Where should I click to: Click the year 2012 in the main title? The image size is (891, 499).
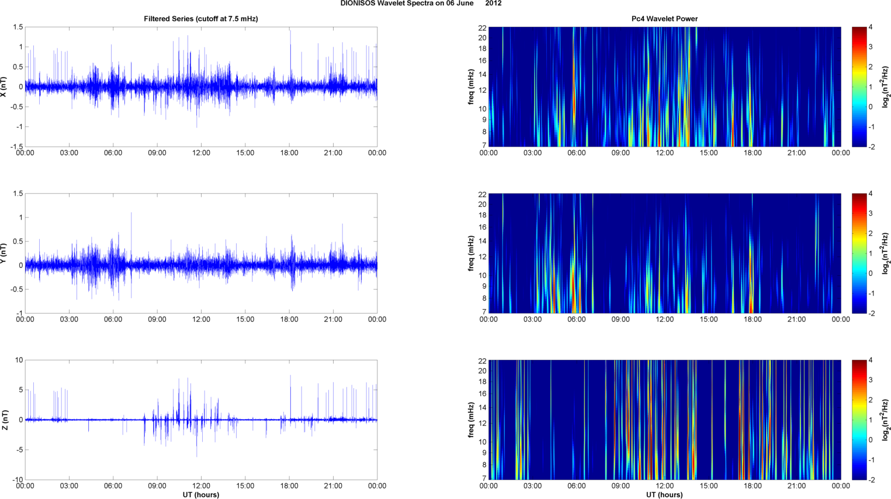pyautogui.click(x=493, y=4)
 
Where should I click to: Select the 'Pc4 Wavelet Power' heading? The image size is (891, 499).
pyautogui.click(x=664, y=19)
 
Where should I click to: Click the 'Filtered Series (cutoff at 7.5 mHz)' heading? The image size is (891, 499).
pyautogui.click(x=201, y=19)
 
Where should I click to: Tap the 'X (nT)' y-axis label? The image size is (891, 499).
pyautogui.click(x=4, y=87)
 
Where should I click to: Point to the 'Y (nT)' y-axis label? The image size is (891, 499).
pyautogui.click(x=4, y=254)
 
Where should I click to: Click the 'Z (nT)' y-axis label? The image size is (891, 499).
pyautogui.click(x=4, y=420)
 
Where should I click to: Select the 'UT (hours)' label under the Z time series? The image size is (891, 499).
pyautogui.click(x=201, y=495)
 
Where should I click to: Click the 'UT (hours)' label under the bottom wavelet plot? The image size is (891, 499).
pyautogui.click(x=664, y=495)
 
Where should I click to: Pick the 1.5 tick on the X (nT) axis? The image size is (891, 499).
pyautogui.click(x=18, y=27)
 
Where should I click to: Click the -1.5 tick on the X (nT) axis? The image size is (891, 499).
pyautogui.click(x=16, y=147)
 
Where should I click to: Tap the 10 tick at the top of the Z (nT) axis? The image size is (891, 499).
pyautogui.click(x=19, y=361)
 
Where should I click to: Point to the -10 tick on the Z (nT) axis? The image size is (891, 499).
pyautogui.click(x=18, y=480)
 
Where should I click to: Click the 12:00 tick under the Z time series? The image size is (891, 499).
pyautogui.click(x=201, y=486)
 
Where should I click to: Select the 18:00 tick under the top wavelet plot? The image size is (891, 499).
pyautogui.click(x=753, y=153)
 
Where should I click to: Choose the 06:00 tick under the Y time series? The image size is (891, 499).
pyautogui.click(x=113, y=320)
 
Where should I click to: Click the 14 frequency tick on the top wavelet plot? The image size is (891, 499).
pyautogui.click(x=482, y=75)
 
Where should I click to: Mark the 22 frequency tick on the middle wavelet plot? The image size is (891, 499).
pyautogui.click(x=482, y=194)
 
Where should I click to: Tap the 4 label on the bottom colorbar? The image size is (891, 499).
pyautogui.click(x=871, y=361)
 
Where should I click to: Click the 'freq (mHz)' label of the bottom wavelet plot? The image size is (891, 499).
pyautogui.click(x=471, y=420)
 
